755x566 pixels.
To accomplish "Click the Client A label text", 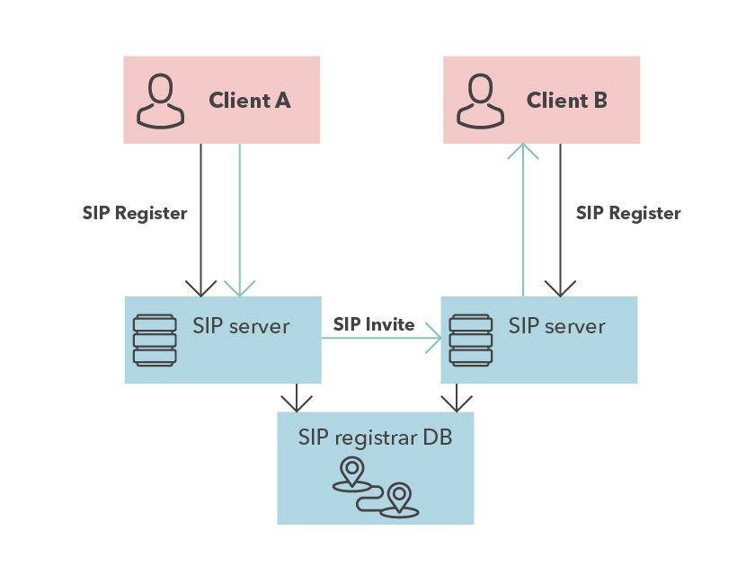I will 249,101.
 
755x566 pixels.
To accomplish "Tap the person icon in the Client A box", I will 160,100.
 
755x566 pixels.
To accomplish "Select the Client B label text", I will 566,101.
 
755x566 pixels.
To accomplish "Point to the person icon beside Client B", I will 480,100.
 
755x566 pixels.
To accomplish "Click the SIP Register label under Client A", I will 135,214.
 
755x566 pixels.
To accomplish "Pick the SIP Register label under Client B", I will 628,214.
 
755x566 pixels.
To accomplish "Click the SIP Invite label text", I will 374,324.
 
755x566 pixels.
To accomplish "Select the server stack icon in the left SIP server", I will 155,340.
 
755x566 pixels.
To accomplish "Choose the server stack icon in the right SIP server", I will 471,340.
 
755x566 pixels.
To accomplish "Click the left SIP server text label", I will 241,325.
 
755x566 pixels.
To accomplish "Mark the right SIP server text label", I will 557,325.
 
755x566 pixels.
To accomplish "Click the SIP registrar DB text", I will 375,438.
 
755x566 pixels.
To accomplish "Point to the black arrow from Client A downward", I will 200,220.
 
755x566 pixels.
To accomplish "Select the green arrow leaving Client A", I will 240,220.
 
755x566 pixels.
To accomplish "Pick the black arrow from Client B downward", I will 560,220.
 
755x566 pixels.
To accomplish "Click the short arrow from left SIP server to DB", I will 293,398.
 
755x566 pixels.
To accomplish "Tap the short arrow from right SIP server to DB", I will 456,398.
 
